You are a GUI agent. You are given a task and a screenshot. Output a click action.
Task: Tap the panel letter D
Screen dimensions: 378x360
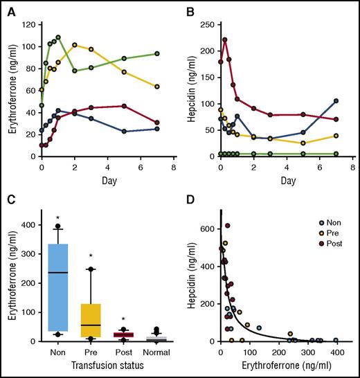[x=190, y=200]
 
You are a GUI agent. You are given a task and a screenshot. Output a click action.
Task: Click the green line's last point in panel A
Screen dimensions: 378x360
[x=157, y=53]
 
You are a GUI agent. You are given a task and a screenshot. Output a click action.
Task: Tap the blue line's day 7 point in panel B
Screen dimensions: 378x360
[x=336, y=101]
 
